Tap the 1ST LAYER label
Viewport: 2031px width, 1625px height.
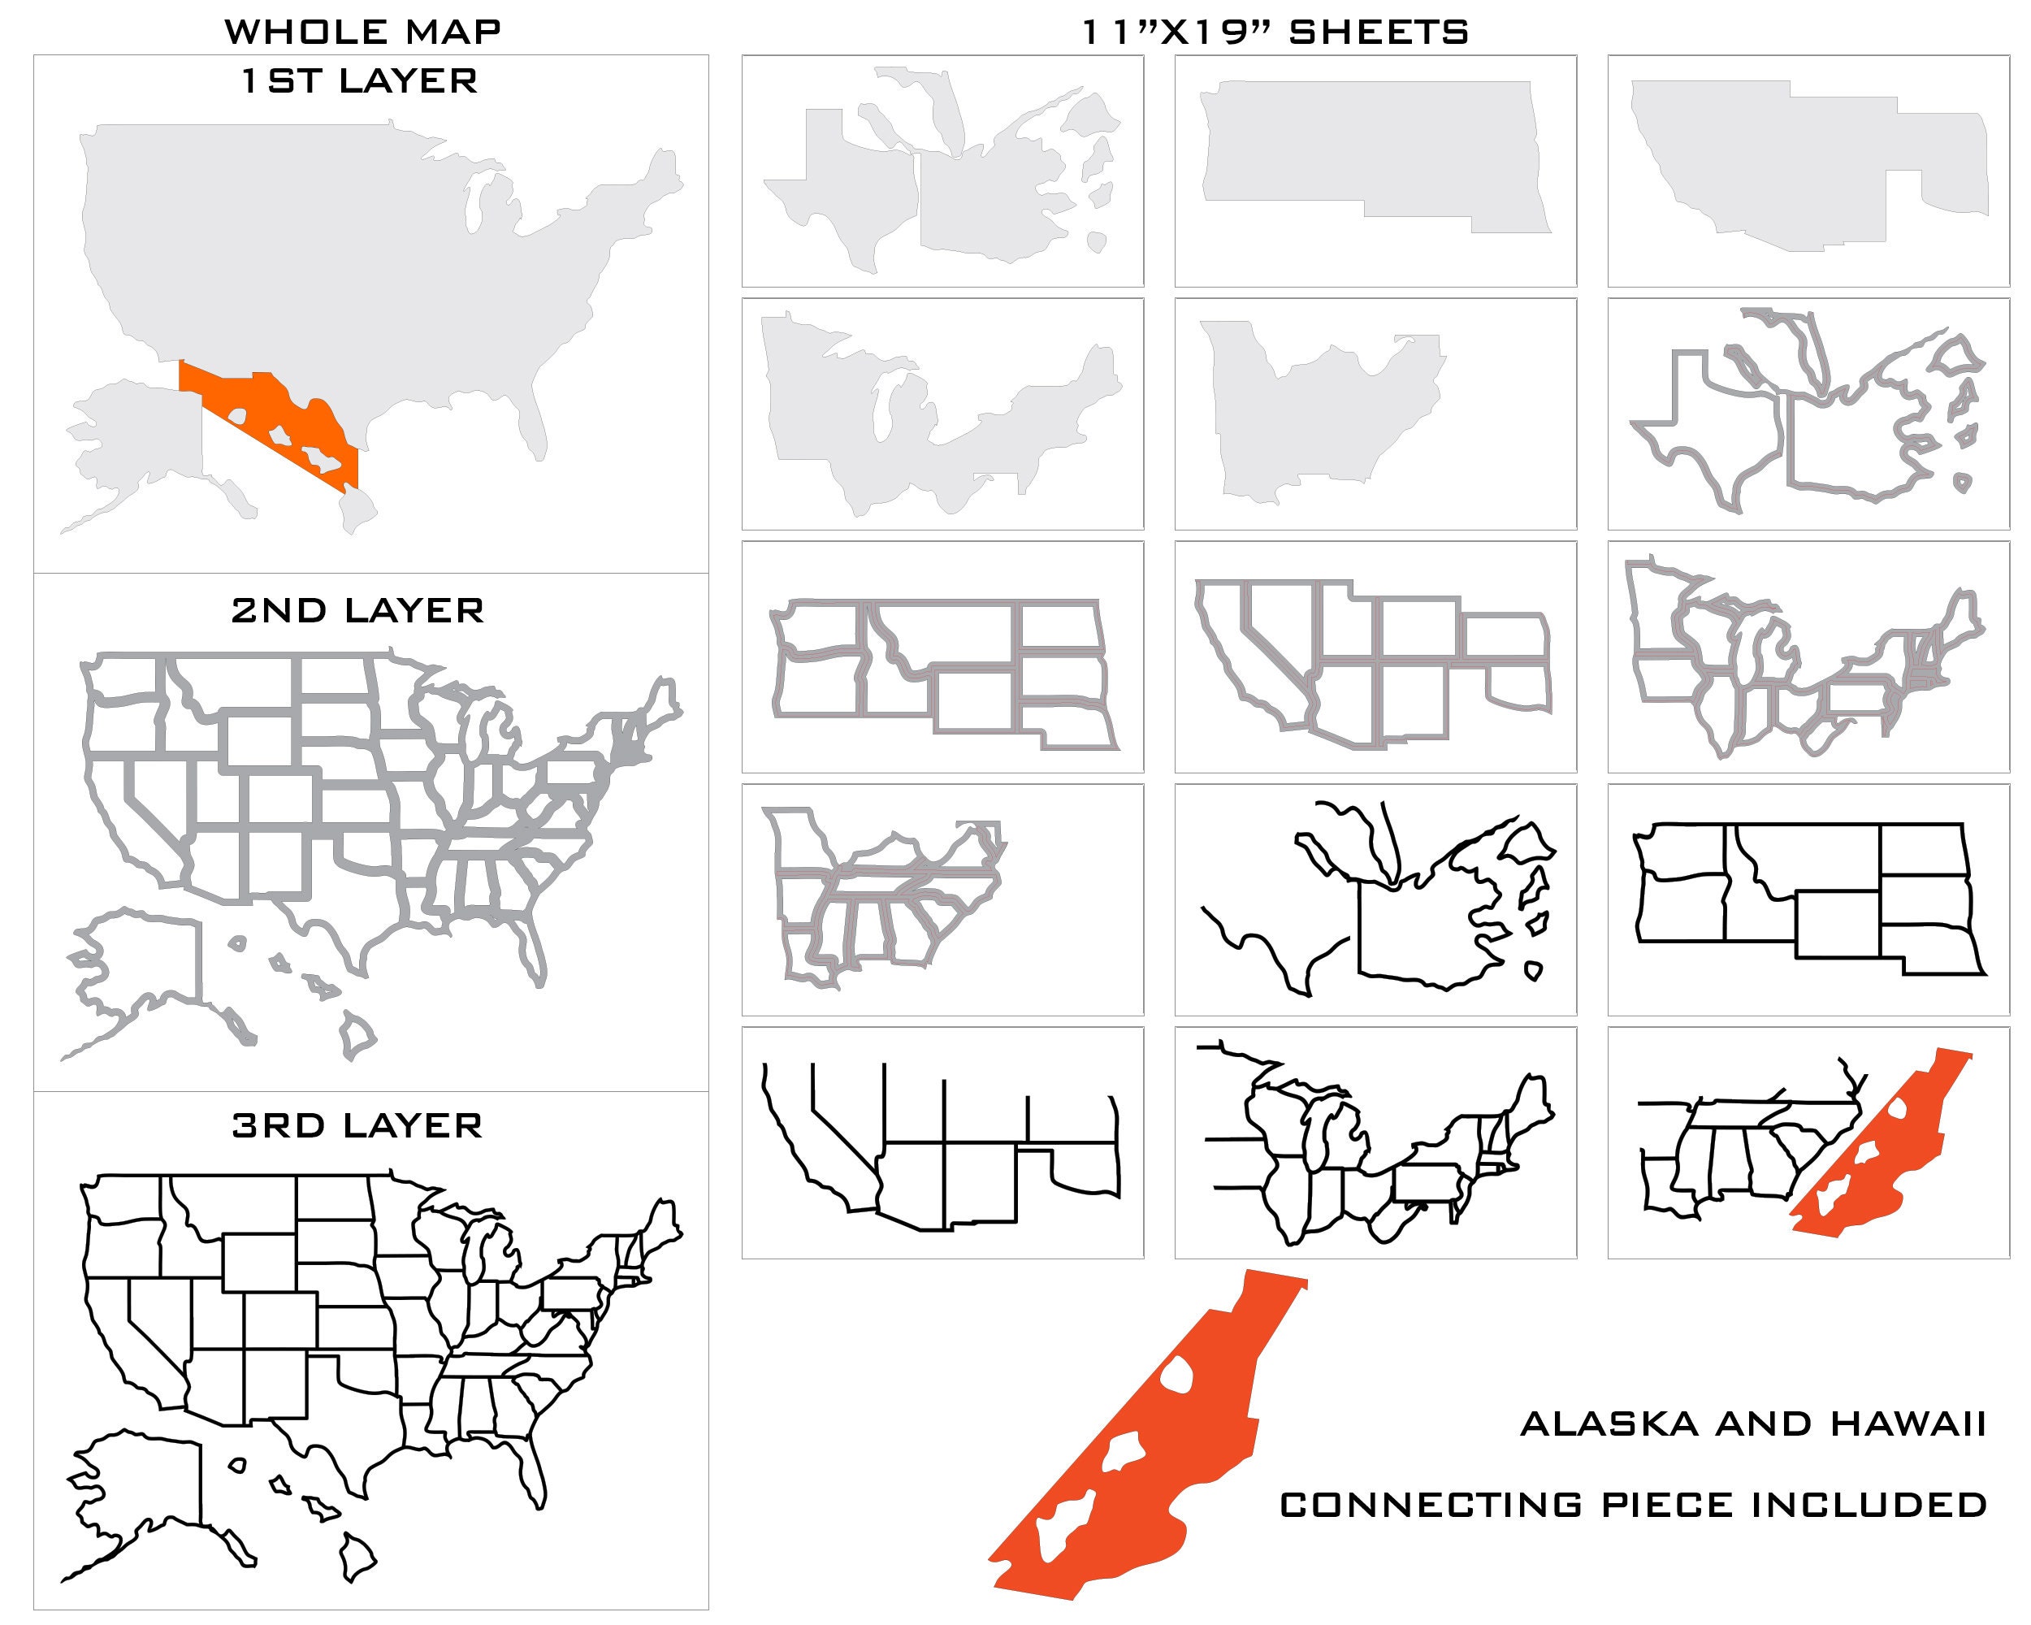(x=359, y=82)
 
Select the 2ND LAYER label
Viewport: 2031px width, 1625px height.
(x=358, y=611)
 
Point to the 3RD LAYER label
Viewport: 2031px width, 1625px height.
(x=358, y=1126)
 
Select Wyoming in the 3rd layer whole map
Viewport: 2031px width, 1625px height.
(x=259, y=1263)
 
